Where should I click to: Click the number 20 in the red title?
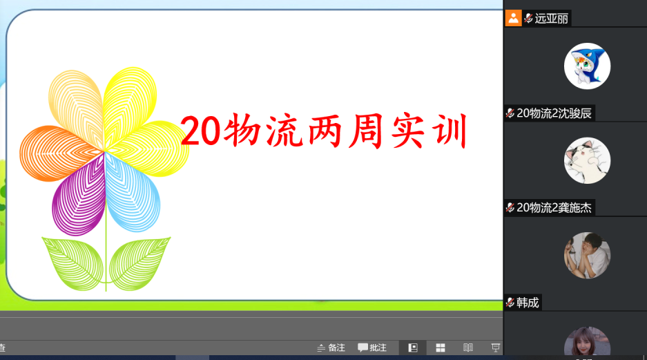point(200,131)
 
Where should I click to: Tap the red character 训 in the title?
point(450,131)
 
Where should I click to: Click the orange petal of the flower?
point(58,153)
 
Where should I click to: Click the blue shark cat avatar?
point(587,66)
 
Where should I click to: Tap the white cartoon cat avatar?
point(587,160)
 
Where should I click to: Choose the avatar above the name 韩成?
point(587,255)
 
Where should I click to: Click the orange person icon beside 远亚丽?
point(513,18)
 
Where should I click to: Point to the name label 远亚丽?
point(551,19)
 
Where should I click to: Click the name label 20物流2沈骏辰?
point(554,113)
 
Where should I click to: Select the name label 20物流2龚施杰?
point(554,208)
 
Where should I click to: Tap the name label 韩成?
point(528,303)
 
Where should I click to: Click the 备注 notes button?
point(331,348)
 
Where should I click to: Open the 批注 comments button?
point(372,348)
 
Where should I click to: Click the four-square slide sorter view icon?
point(441,348)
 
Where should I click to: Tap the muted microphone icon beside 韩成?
point(510,303)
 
